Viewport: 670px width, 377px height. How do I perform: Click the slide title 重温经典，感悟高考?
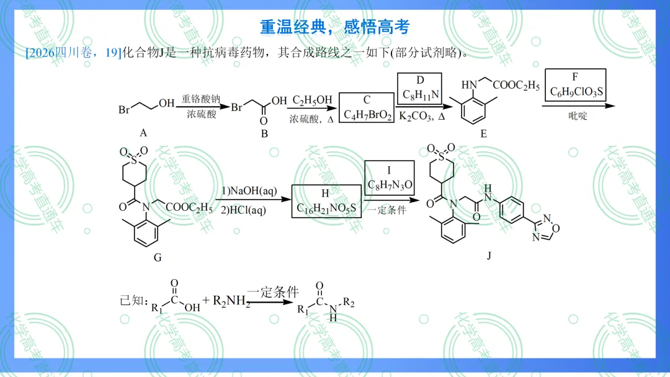tap(334, 27)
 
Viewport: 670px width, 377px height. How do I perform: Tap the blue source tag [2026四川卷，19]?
tap(73, 53)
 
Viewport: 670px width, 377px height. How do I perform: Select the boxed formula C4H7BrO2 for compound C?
tap(367, 108)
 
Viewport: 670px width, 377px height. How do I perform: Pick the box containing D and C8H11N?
tap(419, 89)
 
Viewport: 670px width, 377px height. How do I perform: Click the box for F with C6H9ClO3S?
tap(575, 85)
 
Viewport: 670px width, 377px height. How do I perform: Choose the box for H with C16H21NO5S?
tap(326, 201)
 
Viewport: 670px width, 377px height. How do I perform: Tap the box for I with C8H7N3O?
tap(389, 178)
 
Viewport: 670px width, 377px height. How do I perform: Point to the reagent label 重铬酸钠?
tap(201, 99)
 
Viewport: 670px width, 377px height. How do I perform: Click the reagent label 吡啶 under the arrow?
tap(578, 116)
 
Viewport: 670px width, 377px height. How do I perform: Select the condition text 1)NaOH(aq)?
tap(249, 191)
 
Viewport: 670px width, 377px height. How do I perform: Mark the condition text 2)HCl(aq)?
tap(243, 210)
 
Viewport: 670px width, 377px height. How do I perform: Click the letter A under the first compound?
tap(143, 133)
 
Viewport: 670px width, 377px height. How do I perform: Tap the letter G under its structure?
tap(158, 257)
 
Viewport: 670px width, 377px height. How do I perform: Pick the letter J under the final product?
tap(489, 255)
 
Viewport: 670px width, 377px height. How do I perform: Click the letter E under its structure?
tap(483, 134)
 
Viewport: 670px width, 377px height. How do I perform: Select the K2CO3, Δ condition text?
tap(422, 116)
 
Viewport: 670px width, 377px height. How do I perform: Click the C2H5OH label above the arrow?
tap(312, 100)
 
